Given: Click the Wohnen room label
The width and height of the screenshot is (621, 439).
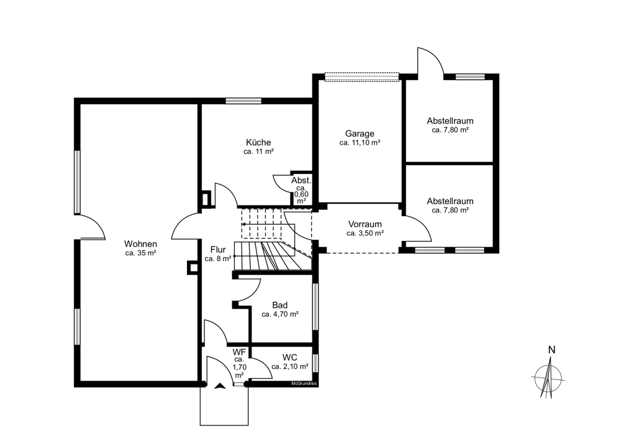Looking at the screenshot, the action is [140, 244].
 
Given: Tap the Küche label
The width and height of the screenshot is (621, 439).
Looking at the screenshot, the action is [258, 142].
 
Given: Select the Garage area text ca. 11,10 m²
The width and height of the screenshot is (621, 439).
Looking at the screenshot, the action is [360, 143].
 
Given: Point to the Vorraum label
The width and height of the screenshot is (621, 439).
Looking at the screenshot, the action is [365, 224].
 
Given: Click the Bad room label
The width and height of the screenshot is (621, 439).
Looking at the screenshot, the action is [280, 305].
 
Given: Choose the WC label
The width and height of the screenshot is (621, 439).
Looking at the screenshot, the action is [290, 358].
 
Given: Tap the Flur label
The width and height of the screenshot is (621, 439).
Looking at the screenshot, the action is [218, 250].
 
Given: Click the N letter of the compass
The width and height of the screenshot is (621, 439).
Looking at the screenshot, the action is [551, 350].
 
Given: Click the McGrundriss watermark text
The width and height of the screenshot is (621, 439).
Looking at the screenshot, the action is [304, 384].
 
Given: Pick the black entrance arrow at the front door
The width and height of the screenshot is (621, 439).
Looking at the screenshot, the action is [220, 386].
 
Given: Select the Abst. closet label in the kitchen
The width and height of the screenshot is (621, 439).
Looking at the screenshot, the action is [301, 181].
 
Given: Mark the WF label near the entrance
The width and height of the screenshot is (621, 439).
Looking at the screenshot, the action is [239, 351].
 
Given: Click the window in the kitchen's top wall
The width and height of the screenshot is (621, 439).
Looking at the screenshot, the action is [243, 101].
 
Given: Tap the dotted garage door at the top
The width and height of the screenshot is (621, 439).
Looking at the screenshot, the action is [361, 77].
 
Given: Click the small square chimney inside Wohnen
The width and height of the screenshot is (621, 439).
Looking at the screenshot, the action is [193, 268].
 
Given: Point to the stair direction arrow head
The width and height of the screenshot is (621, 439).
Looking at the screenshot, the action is [243, 224].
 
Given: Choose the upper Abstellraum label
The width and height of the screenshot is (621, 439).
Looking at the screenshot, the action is [450, 120].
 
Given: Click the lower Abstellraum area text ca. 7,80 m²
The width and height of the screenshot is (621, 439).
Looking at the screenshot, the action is [450, 210].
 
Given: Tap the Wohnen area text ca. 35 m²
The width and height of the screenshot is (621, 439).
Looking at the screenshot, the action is [140, 253].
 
